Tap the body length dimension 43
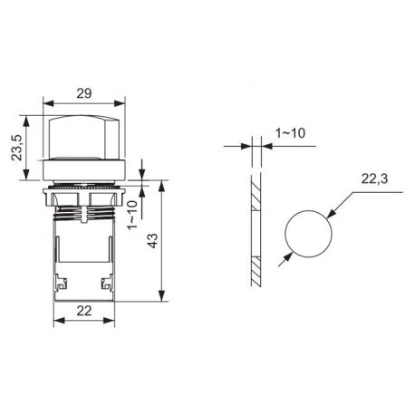coord(152,242)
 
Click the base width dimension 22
coord(83,312)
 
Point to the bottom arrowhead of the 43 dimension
coord(162,296)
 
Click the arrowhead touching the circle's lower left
coord(286,256)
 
